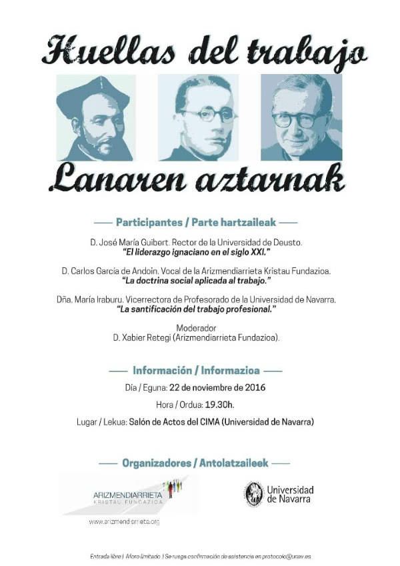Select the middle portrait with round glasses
(x=198, y=117)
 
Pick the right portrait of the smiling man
(x=301, y=117)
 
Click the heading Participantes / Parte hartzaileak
(x=196, y=221)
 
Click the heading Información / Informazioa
(x=196, y=370)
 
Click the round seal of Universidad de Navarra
(x=253, y=494)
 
